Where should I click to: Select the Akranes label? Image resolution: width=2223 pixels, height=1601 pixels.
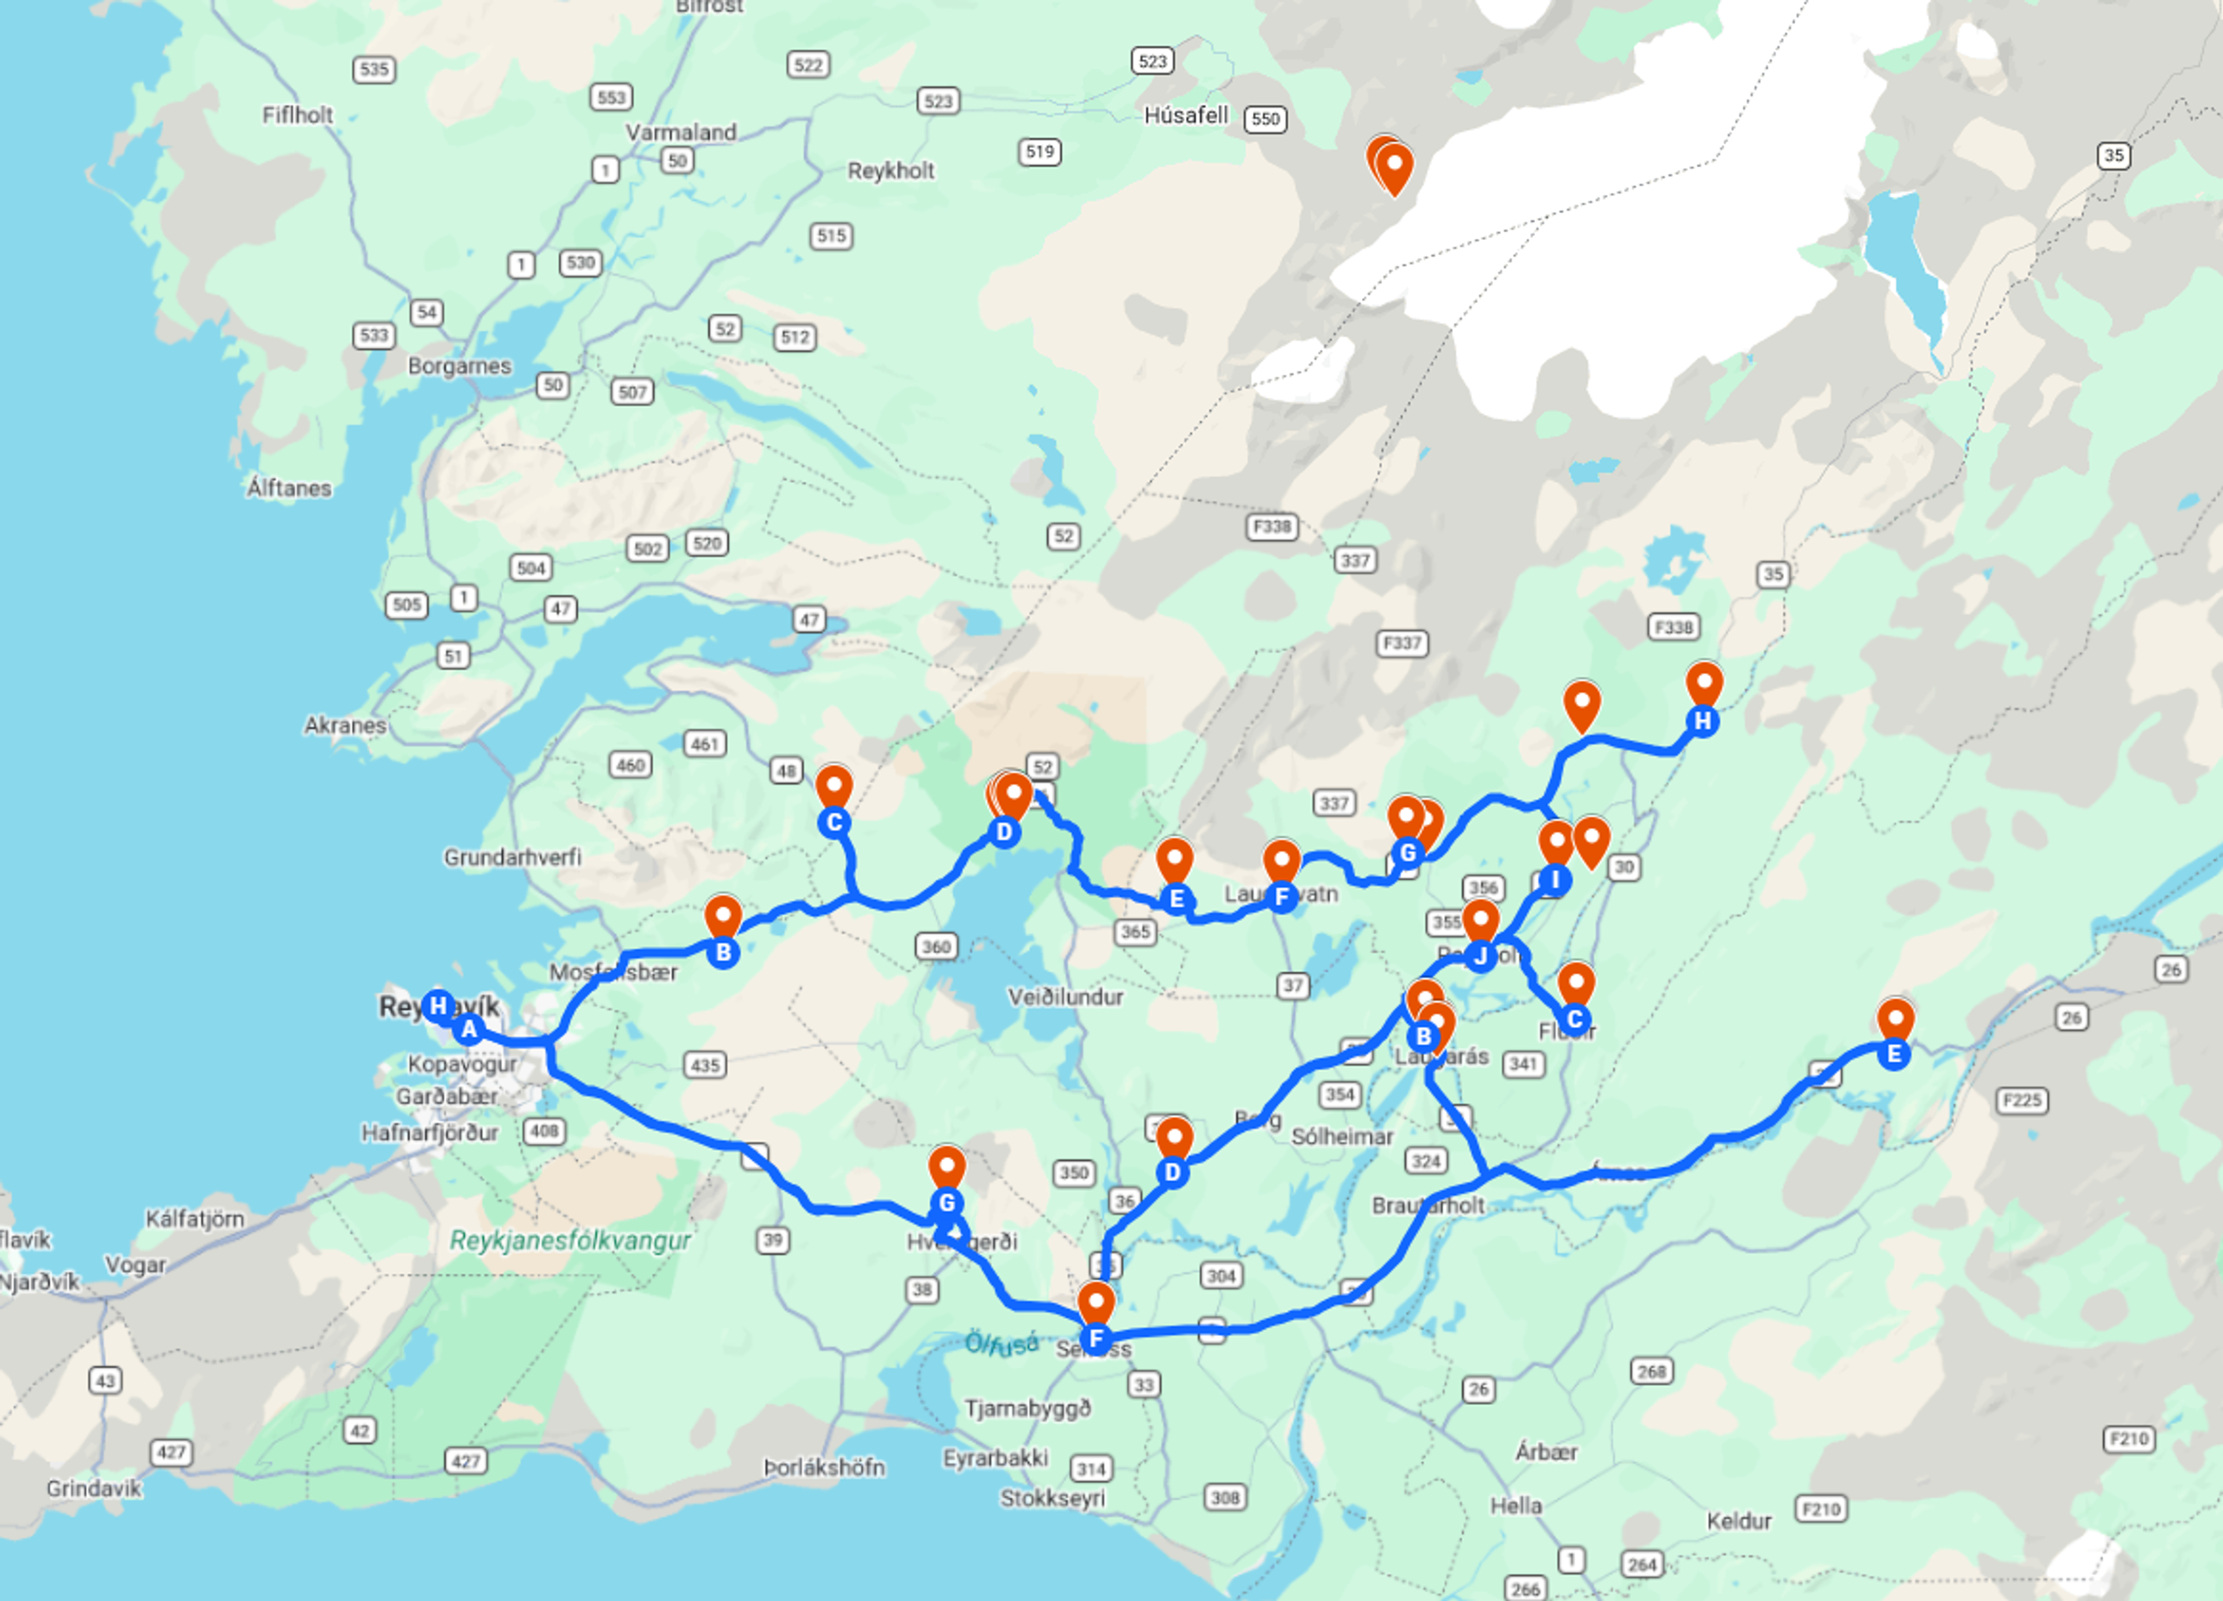click(x=345, y=725)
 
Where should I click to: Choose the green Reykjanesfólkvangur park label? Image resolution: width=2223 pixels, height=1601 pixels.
click(x=570, y=1240)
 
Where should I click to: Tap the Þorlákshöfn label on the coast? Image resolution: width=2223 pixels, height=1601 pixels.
click(x=824, y=1467)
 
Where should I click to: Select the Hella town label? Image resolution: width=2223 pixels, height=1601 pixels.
click(x=1516, y=1505)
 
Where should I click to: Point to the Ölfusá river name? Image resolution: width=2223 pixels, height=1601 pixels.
click(x=1001, y=1343)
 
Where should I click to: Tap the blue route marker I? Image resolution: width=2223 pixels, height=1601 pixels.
click(x=1554, y=880)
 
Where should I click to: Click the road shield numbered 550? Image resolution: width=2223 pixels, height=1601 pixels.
click(x=1265, y=120)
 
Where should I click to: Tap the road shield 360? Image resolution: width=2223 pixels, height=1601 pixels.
click(x=936, y=946)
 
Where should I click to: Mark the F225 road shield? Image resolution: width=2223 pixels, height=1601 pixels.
click(x=2021, y=1100)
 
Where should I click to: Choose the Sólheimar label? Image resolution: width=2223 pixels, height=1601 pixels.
click(x=1342, y=1137)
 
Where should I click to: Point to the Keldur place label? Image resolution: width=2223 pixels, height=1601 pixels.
click(x=1739, y=1521)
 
